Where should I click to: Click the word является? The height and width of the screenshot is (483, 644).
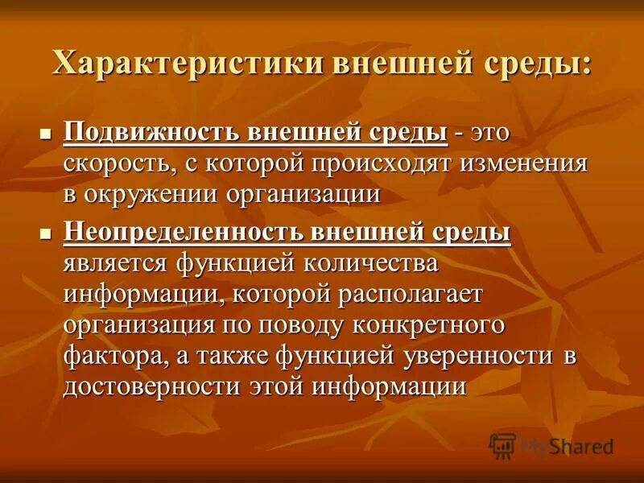click(115, 264)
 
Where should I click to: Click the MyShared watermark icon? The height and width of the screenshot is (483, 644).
click(502, 445)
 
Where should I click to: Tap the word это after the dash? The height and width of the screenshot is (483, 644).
click(493, 130)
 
